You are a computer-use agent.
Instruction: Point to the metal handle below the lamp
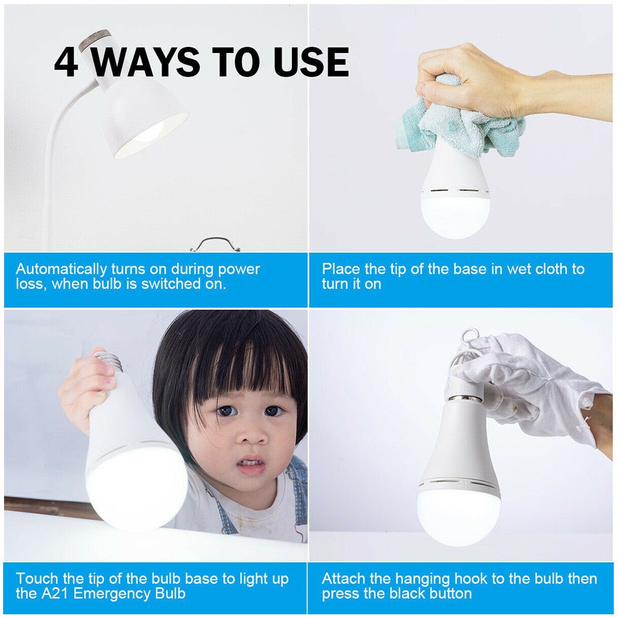tap(215, 244)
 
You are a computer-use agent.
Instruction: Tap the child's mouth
tap(251, 464)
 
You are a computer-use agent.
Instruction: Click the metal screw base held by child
tap(112, 361)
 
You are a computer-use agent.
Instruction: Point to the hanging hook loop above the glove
tap(470, 339)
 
